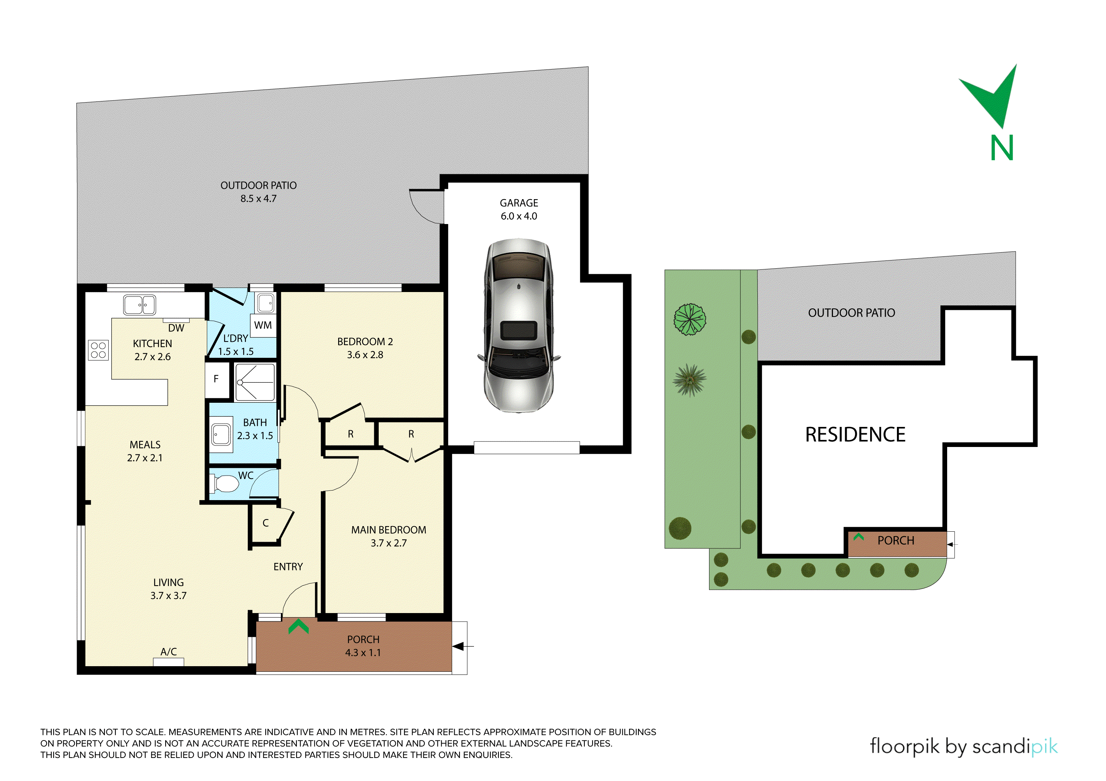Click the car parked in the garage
(x=519, y=325)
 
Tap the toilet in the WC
(x=224, y=484)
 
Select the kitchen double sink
(x=140, y=305)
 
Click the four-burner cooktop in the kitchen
(x=98, y=350)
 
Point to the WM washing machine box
(x=263, y=325)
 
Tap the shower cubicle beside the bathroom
(x=255, y=382)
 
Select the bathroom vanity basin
(x=221, y=435)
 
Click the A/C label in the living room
(x=169, y=652)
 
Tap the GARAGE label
(x=519, y=203)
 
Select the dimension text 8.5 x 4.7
(x=259, y=198)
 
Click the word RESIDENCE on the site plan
(x=856, y=435)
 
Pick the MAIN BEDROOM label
(x=389, y=530)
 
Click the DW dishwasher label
(x=176, y=328)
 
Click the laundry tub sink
(x=265, y=303)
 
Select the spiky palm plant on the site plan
(x=690, y=380)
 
